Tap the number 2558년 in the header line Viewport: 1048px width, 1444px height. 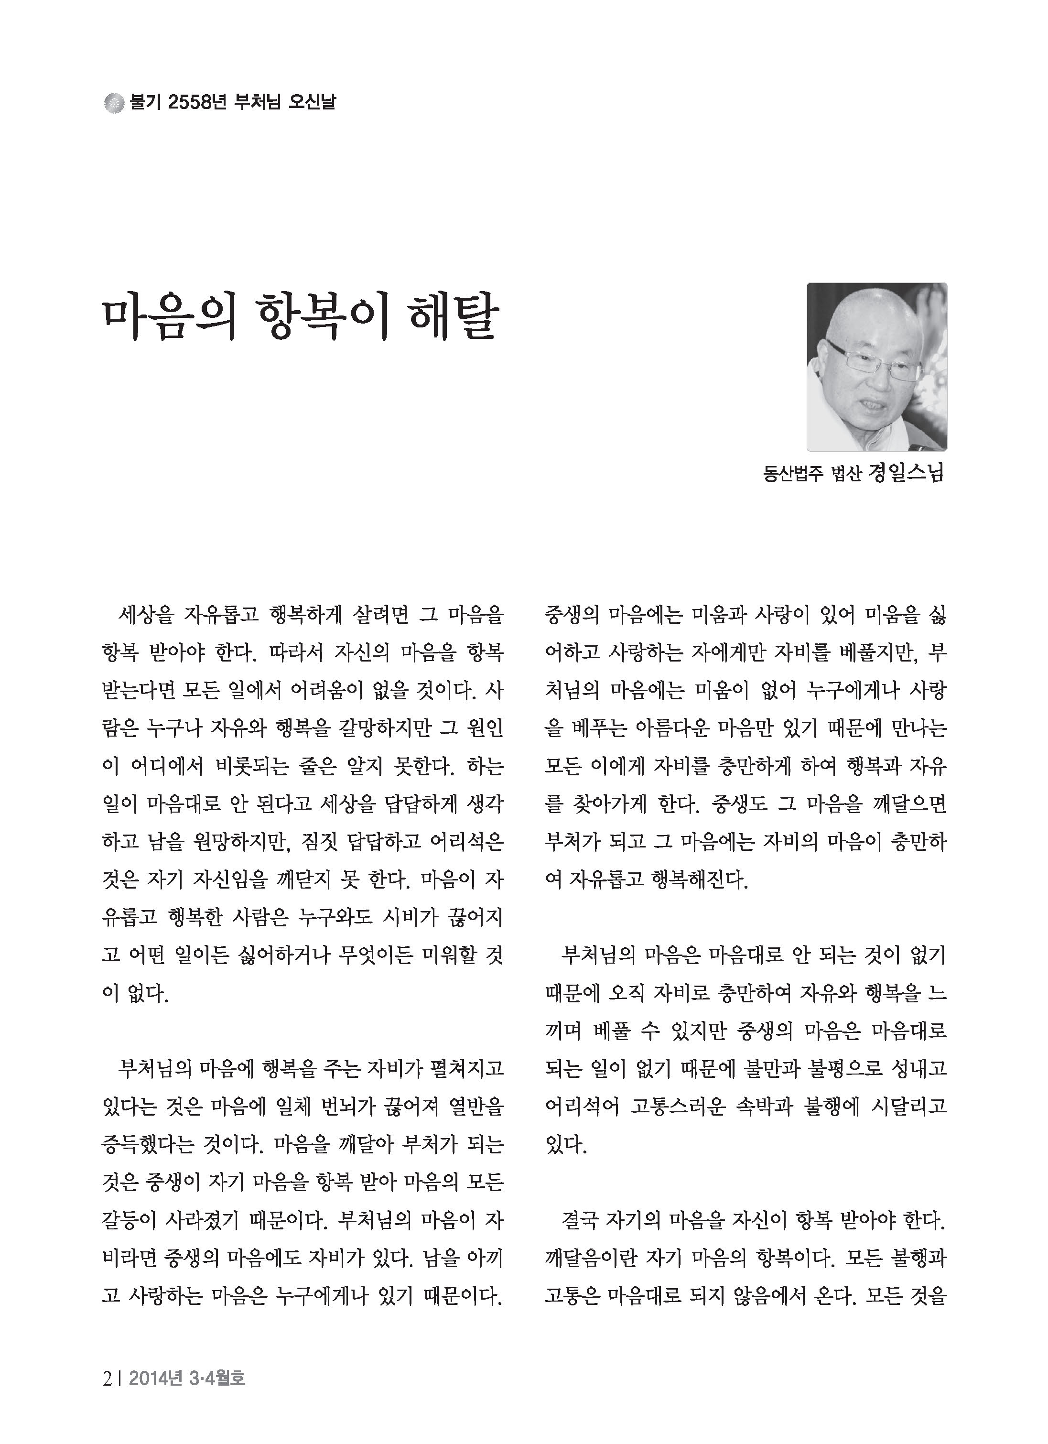pyautogui.click(x=196, y=102)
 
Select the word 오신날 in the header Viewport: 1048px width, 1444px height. pyautogui.click(x=312, y=102)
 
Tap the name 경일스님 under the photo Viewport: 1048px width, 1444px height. pyautogui.click(x=906, y=474)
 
